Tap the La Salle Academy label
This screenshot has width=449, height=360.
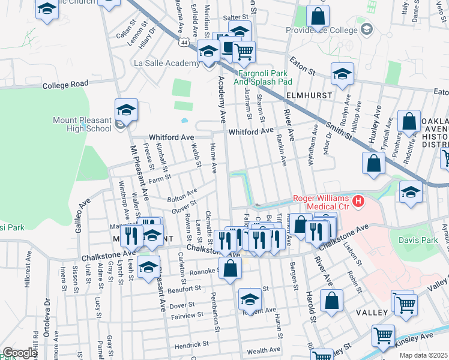[x=167, y=63]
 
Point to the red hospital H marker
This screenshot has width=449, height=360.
[x=358, y=200]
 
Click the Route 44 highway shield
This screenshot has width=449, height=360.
[x=184, y=41]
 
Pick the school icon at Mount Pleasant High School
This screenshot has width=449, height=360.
[x=127, y=109]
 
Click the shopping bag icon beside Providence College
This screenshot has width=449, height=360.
[x=318, y=16]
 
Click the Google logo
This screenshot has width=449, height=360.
[x=20, y=353]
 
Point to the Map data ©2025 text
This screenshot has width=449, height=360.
[x=423, y=355]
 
